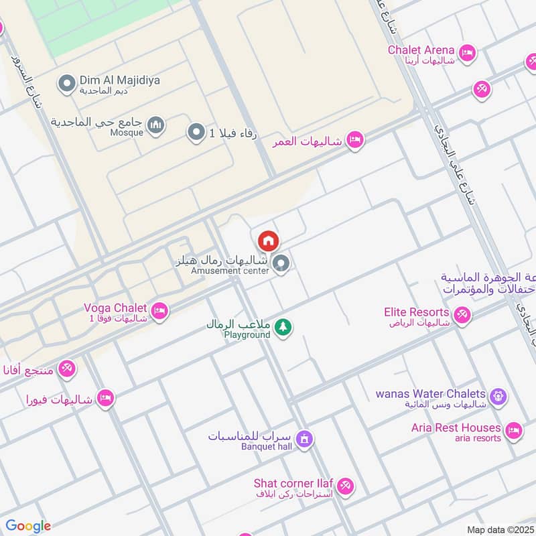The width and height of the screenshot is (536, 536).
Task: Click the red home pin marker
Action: tap(268, 241)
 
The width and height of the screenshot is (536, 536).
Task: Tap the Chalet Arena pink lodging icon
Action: tap(467, 52)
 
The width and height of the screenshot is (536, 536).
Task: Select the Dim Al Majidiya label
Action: tap(121, 80)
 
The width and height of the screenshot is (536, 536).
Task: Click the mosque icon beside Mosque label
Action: tap(155, 125)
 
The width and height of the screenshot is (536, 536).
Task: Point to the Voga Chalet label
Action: tap(111, 308)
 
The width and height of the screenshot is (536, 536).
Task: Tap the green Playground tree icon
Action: tap(283, 326)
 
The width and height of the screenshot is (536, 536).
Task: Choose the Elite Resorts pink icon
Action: tap(462, 314)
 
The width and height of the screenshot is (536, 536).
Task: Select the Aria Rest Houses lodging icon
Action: tap(513, 430)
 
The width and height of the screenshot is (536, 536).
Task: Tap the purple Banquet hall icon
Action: tap(304, 440)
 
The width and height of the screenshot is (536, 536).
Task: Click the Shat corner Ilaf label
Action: tap(293, 483)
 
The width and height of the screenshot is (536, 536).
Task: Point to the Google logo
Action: tap(28, 526)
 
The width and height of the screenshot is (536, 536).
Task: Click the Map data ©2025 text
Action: tap(500, 529)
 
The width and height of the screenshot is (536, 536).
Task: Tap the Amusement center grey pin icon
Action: tap(282, 264)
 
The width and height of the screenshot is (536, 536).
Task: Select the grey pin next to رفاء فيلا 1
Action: tap(196, 133)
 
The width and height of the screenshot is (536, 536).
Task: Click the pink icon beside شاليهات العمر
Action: tap(355, 139)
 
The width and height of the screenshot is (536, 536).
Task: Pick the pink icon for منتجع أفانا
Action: tap(66, 367)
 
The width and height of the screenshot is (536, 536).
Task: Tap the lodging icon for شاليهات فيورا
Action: tap(105, 399)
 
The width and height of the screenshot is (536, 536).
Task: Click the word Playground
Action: tap(247, 334)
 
